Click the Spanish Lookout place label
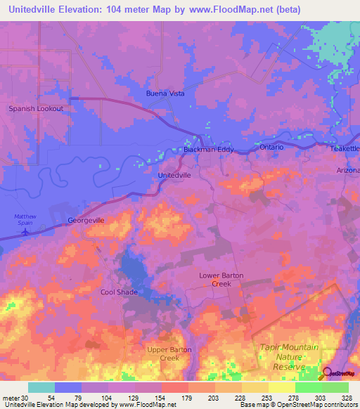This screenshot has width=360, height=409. point(36,109)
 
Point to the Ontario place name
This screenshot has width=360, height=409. point(271,147)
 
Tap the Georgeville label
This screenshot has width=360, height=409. point(86,220)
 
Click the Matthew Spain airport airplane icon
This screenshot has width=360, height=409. point(27,231)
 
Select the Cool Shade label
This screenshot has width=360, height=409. point(119,292)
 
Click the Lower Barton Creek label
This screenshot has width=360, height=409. point(221,280)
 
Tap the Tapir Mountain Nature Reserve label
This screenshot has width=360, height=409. point(290,357)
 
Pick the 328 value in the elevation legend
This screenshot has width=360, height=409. point(347,398)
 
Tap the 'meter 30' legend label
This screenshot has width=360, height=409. point(15,398)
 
